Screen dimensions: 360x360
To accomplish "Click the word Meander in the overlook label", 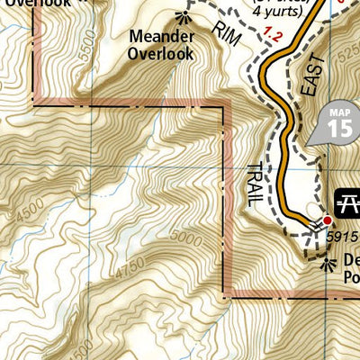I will (161, 38).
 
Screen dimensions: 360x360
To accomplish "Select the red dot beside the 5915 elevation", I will (328, 220).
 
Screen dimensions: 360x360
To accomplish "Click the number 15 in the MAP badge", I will (340, 128).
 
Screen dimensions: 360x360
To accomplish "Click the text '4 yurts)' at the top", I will (276, 12).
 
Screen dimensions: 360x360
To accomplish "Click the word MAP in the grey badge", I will (340, 112).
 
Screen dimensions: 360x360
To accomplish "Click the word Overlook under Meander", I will (161, 54).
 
